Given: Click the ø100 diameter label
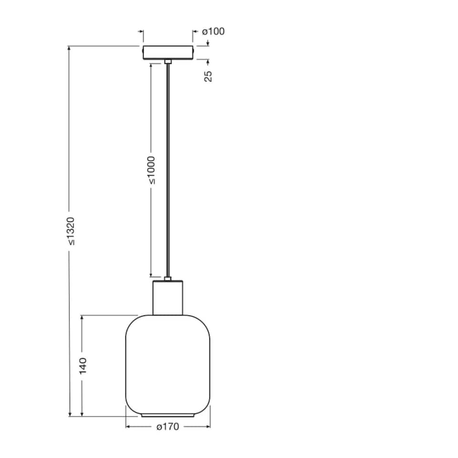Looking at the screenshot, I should click(213, 32).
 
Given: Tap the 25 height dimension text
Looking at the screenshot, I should click(208, 75).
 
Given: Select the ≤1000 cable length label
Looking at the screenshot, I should click(151, 169).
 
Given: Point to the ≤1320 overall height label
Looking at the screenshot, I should click(70, 231).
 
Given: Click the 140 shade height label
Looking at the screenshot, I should click(83, 365).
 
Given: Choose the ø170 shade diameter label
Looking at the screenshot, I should click(167, 427).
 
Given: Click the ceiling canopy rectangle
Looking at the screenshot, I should click(168, 52).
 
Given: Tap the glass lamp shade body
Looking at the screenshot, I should click(168, 363).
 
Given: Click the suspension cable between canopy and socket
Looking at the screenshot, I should click(167, 167).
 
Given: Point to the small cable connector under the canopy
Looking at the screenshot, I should click(167, 62).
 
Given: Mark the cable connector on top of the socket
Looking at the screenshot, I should click(167, 278).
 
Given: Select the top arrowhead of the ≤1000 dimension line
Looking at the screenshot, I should click(151, 65).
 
